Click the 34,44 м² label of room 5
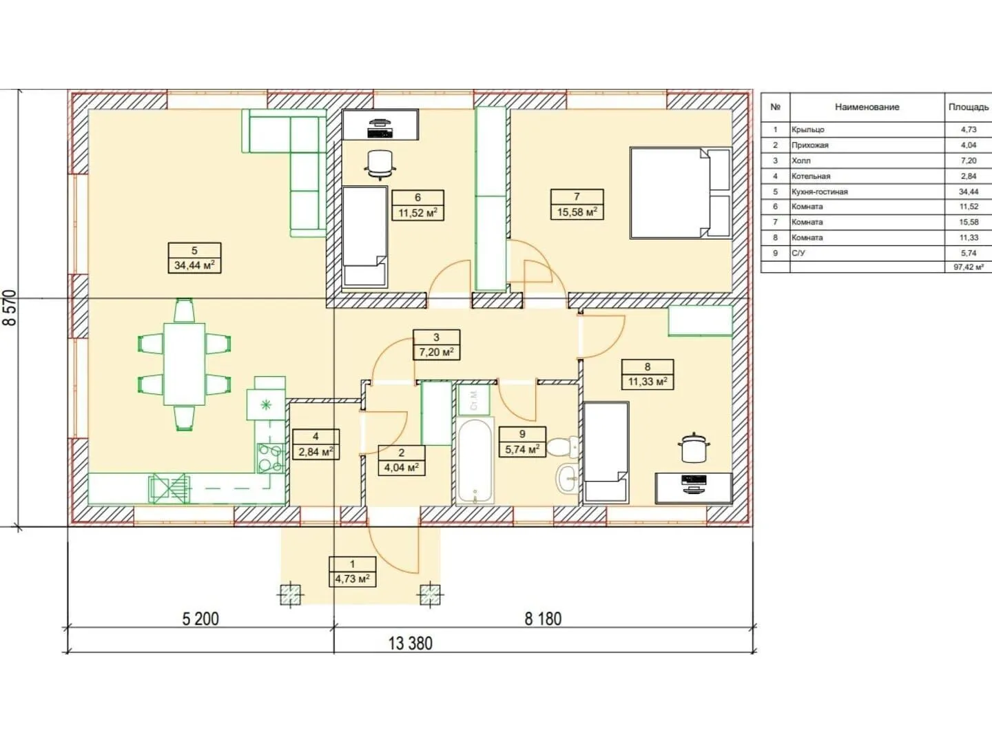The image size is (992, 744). (x=194, y=265)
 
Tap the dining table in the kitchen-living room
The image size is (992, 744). (x=185, y=364)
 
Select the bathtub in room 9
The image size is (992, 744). (x=475, y=461)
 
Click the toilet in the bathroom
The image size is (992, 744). (x=563, y=447)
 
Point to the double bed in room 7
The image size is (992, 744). (x=681, y=192)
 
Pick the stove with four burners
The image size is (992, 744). (x=270, y=458)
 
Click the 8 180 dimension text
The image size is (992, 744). (x=543, y=619)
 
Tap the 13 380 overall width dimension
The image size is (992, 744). (x=411, y=643)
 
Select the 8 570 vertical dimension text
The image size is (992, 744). (x=10, y=308)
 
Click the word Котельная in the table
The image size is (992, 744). (x=811, y=176)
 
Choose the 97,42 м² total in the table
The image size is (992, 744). (x=969, y=267)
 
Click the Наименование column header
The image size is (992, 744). (x=867, y=107)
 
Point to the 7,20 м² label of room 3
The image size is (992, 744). (x=437, y=352)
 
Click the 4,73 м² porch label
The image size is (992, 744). (x=353, y=579)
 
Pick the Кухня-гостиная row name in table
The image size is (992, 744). (x=819, y=192)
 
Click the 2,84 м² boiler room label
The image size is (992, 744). (x=316, y=452)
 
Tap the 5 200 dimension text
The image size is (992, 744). (x=200, y=619)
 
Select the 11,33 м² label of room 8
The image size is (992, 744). (x=648, y=382)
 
